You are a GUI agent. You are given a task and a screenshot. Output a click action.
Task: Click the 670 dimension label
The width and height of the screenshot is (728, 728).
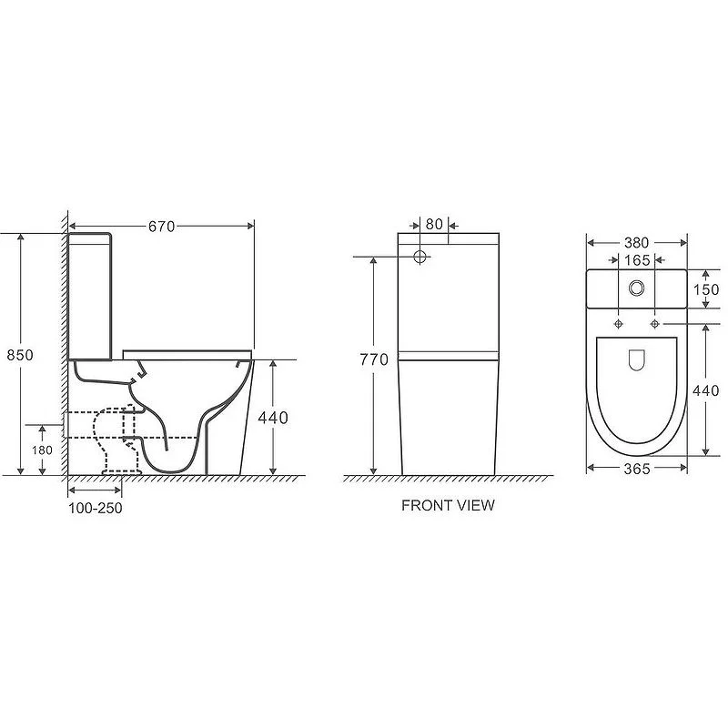click(162, 227)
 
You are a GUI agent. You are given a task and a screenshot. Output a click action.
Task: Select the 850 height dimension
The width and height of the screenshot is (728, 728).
click(20, 355)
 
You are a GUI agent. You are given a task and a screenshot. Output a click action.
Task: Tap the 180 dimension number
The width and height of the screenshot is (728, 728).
click(42, 450)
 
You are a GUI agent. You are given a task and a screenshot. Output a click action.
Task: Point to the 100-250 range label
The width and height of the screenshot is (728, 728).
click(96, 508)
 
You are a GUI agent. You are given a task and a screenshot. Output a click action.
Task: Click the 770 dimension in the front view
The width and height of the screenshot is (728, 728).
click(374, 359)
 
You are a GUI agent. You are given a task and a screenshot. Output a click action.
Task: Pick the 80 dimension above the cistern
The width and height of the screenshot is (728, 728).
click(434, 224)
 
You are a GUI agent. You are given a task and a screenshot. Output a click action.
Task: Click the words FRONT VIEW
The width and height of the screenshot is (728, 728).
click(448, 505)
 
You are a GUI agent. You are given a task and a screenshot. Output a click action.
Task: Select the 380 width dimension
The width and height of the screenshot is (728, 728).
click(636, 243)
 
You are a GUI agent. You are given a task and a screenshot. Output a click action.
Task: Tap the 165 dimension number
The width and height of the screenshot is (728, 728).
click(636, 260)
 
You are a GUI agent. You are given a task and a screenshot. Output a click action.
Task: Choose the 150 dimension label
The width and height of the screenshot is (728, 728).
click(706, 289)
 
